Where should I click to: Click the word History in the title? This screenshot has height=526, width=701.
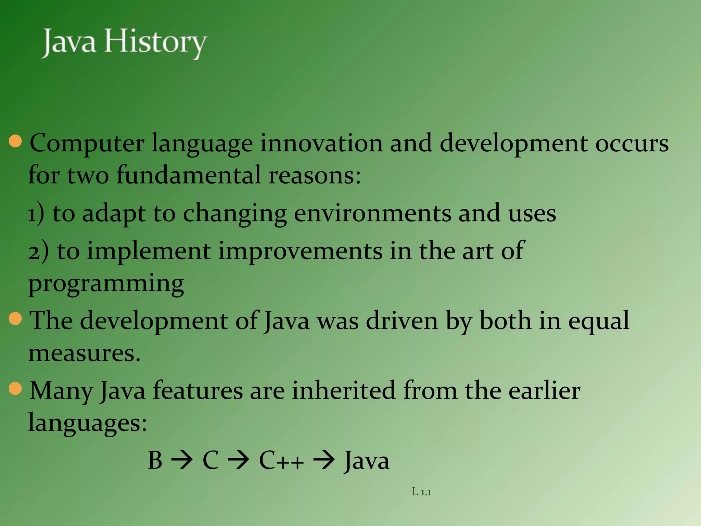click(156, 43)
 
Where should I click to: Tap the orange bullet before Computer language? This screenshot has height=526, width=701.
click(15, 141)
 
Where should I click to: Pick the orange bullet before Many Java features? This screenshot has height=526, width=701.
click(15, 389)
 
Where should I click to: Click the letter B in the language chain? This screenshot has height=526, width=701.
click(155, 460)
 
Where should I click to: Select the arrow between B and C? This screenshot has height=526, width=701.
click(182, 460)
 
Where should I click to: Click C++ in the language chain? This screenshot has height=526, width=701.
click(281, 460)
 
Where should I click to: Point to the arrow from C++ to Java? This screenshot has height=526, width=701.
click(324, 460)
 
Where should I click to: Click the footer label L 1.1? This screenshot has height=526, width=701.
click(421, 492)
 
